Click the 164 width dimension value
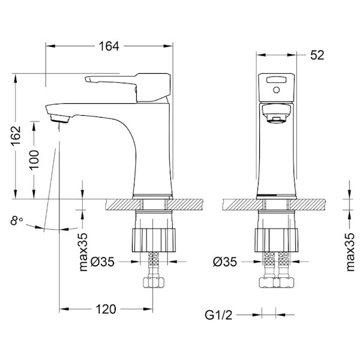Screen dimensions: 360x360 click(x=109, y=46)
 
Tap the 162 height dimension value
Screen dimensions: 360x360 click(x=16, y=136)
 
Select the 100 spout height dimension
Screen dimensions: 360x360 click(x=34, y=160)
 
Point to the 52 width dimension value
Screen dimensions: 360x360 click(x=317, y=55)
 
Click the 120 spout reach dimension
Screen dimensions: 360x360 click(x=106, y=309)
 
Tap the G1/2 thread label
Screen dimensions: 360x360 click(x=218, y=315)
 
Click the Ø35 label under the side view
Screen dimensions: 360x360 click(x=103, y=262)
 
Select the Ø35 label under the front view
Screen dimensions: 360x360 click(x=225, y=262)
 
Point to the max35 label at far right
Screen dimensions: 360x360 click(x=350, y=252)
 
